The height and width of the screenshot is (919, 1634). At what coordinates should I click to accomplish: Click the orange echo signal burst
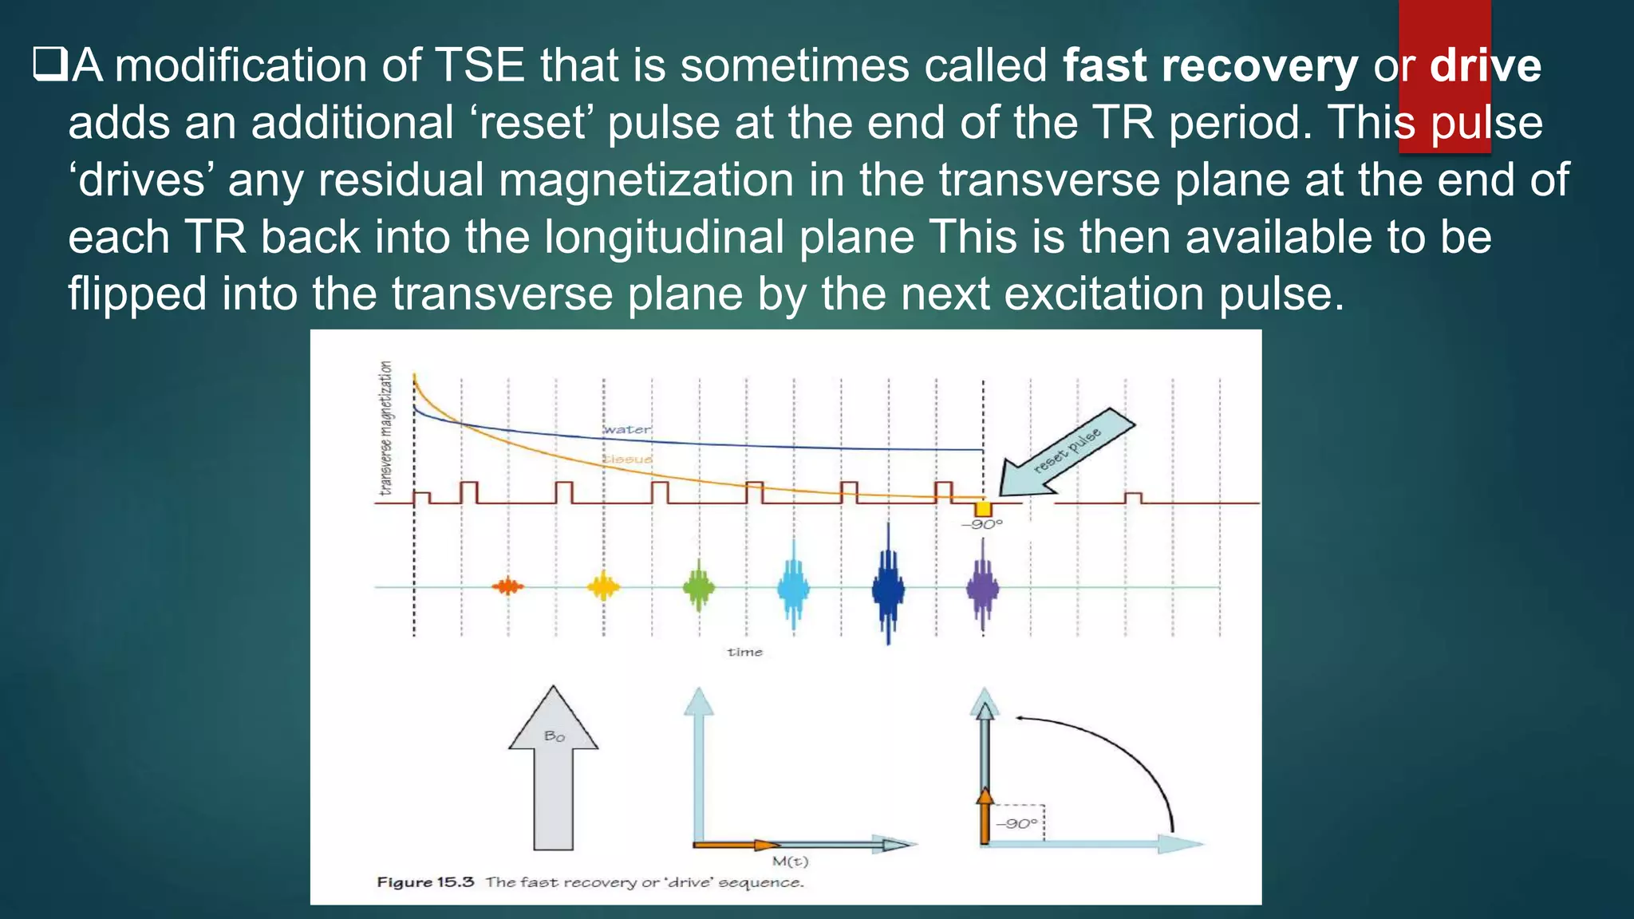click(507, 587)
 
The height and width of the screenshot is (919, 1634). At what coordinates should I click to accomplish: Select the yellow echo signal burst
click(603, 587)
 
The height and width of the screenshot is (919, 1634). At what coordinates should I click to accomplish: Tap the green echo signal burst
click(699, 587)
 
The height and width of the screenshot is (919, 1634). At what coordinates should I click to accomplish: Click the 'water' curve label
click(627, 429)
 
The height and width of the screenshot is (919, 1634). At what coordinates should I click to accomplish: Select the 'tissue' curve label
click(627, 459)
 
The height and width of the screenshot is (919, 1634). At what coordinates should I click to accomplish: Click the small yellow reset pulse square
click(983, 509)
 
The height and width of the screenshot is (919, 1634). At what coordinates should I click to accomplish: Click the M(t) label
click(790, 862)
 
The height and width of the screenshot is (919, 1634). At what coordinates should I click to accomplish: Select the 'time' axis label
click(744, 652)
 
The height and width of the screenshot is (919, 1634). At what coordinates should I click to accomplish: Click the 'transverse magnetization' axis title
click(386, 428)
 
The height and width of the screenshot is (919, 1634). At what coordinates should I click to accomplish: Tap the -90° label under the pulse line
click(982, 525)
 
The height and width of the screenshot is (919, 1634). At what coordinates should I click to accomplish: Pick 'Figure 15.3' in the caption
click(425, 882)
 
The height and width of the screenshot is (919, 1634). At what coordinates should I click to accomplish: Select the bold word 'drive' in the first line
click(1485, 65)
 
